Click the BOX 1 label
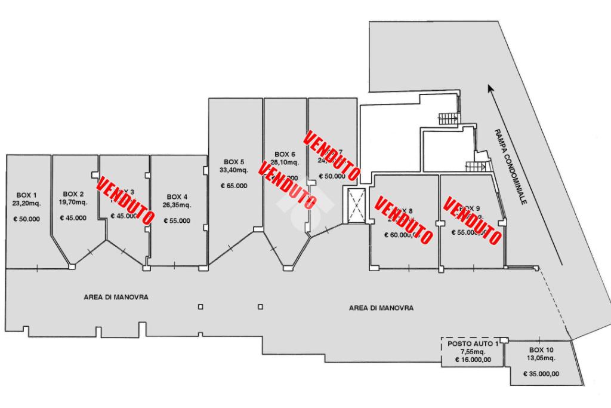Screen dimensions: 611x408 click(x=27, y=195)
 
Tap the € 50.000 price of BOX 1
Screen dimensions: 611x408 click(x=27, y=219)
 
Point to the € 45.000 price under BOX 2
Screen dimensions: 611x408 click(x=73, y=218)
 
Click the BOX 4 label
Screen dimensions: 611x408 click(x=177, y=197)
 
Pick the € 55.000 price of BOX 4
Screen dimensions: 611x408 click(x=177, y=220)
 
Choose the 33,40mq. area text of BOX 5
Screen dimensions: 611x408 click(x=234, y=170)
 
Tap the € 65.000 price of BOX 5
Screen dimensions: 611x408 click(x=234, y=186)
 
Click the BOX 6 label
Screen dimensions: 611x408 click(x=285, y=154)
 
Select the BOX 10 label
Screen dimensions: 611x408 click(x=541, y=350)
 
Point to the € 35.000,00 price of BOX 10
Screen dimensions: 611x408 click(x=541, y=374)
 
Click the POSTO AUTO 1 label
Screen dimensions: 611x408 click(x=473, y=345)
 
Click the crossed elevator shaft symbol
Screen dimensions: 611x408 click(x=356, y=205)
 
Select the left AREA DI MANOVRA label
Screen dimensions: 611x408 click(x=116, y=296)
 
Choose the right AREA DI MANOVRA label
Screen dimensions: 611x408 click(x=381, y=308)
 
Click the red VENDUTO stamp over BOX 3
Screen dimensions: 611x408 click(x=124, y=201)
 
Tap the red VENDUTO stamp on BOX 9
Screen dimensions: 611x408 click(x=471, y=221)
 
